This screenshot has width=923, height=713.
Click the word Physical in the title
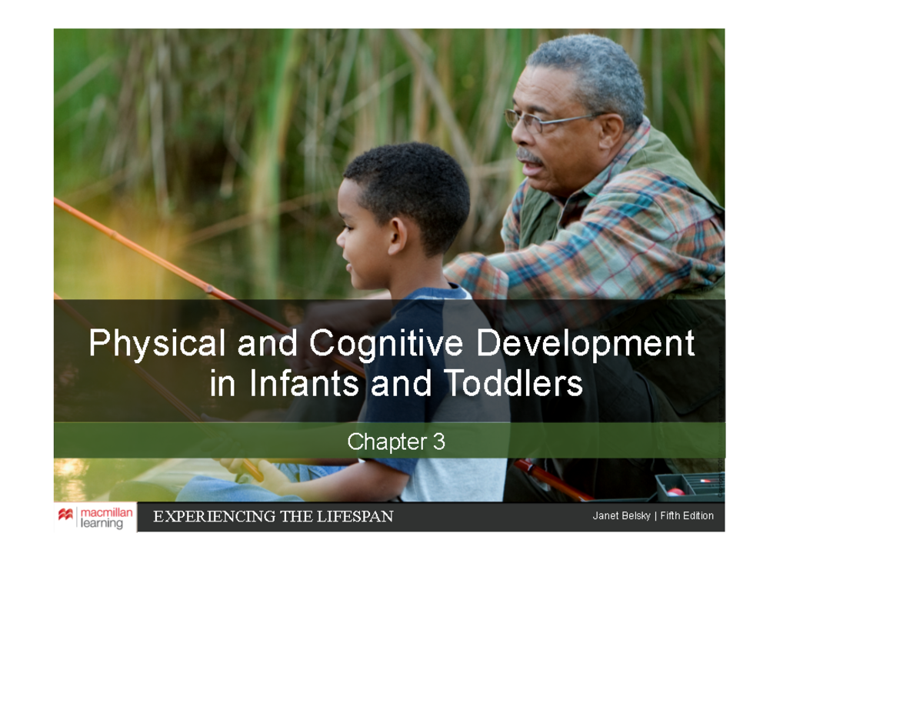point(157,344)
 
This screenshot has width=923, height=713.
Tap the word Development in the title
point(585,344)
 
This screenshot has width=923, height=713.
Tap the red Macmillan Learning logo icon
point(65,515)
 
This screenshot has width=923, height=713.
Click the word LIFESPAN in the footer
point(355,517)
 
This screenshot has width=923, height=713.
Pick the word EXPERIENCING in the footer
point(204,517)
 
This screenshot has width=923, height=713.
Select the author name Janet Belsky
point(621,516)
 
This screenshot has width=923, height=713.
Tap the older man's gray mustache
point(528,157)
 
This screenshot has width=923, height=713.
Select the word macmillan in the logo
point(107,512)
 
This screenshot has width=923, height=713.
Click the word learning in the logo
point(102,524)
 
